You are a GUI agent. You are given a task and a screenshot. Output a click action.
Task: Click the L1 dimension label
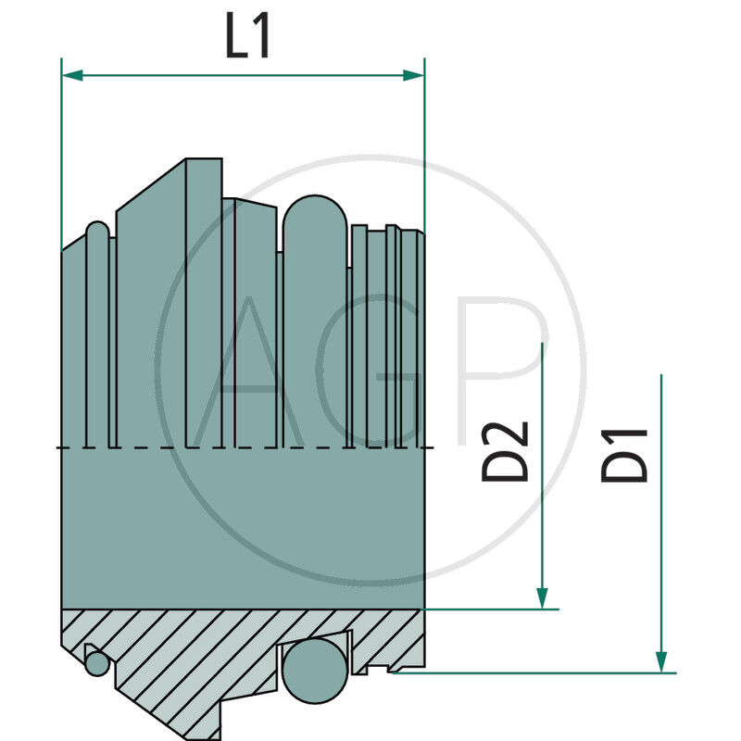tap(248, 38)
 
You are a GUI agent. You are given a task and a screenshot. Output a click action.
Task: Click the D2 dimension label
tap(506, 451)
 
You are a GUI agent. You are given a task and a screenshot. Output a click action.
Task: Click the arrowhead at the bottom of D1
tap(661, 660)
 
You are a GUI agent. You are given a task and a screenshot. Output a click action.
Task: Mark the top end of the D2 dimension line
tap(543, 345)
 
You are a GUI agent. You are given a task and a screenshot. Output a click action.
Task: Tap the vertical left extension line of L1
tap(61, 148)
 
